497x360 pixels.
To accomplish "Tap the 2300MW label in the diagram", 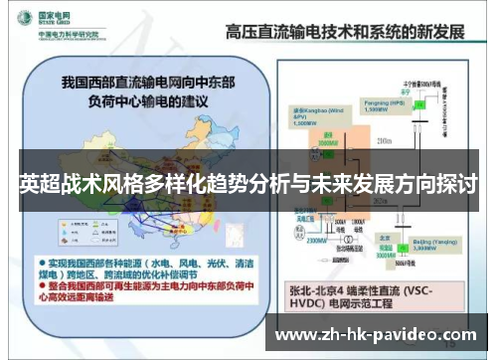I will pos(318,239).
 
